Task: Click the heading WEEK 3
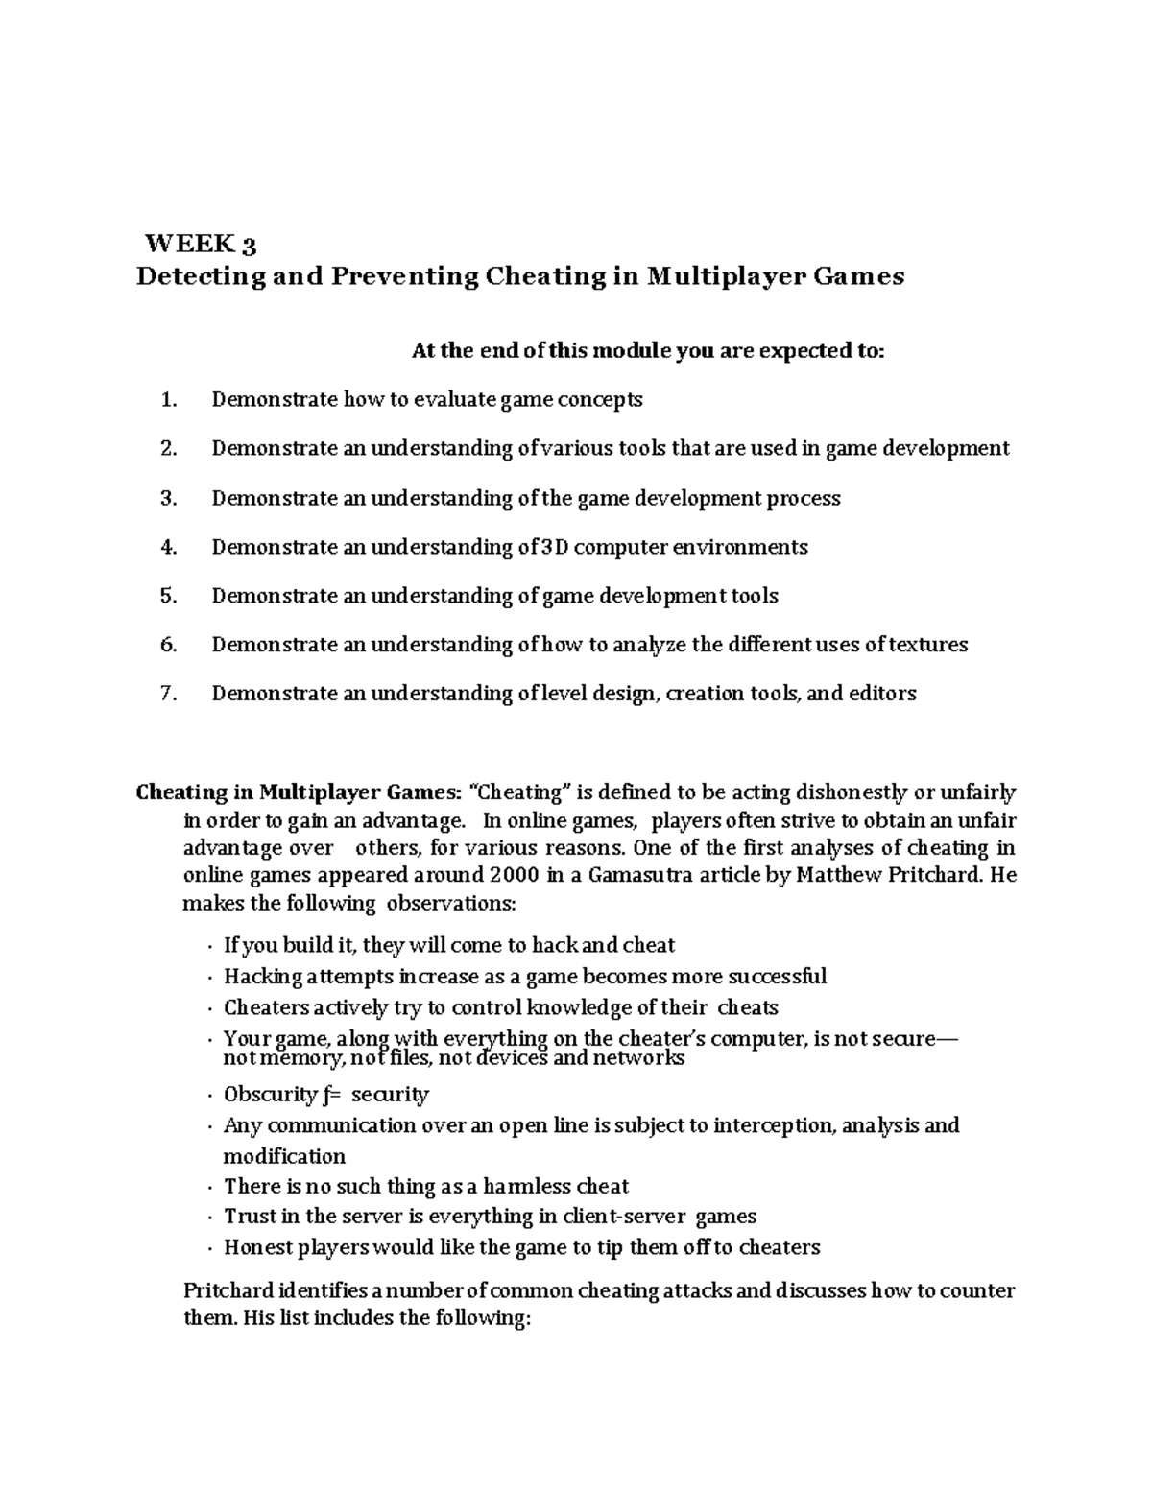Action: [x=200, y=244]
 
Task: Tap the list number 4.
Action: [x=169, y=547]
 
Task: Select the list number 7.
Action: [x=169, y=693]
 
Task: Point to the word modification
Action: [x=284, y=1156]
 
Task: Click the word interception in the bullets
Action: [x=774, y=1124]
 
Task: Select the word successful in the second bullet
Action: [x=777, y=977]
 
